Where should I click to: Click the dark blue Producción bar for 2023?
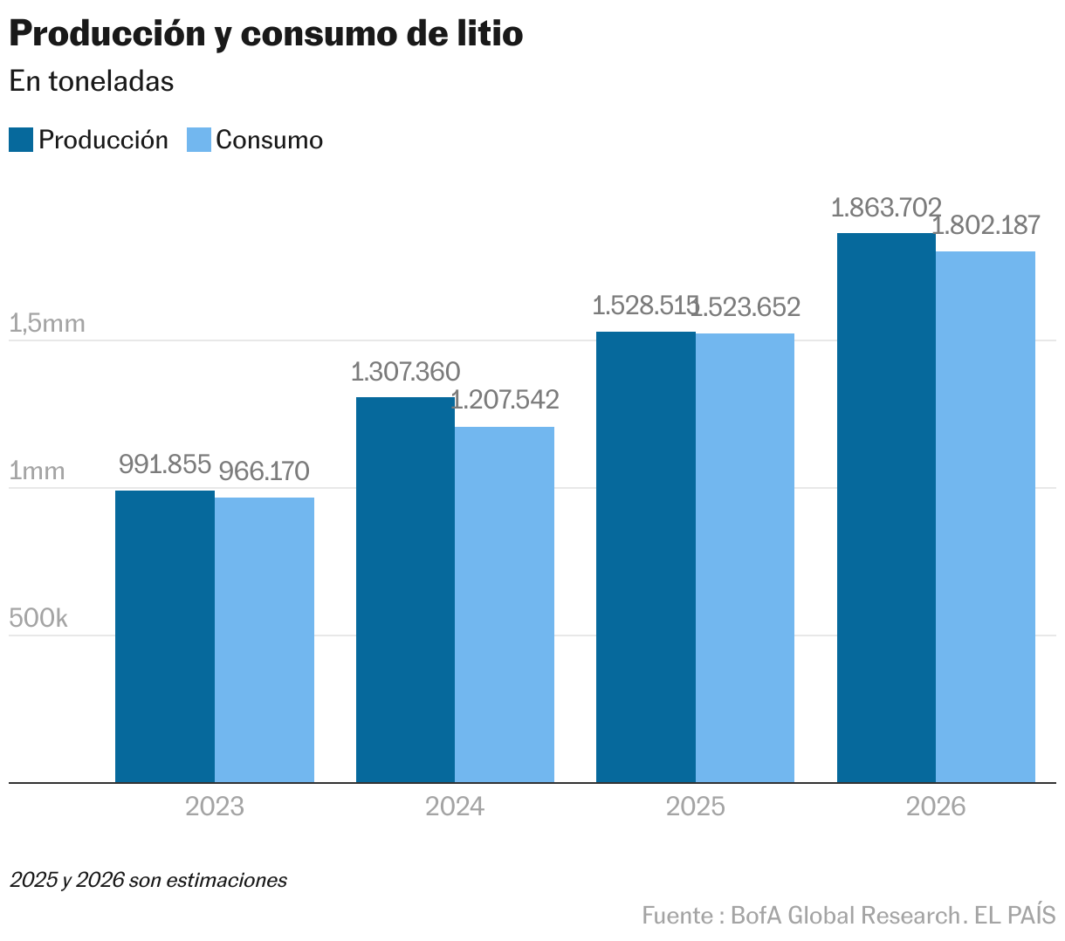(x=165, y=636)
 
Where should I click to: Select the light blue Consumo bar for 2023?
(x=265, y=640)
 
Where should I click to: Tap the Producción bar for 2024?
(x=405, y=590)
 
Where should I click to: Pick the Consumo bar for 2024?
(x=505, y=605)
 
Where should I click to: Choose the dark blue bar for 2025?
(x=646, y=557)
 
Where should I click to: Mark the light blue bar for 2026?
(x=986, y=517)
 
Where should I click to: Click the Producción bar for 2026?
(x=886, y=507)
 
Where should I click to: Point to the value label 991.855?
(x=165, y=464)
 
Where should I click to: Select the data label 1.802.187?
(x=986, y=225)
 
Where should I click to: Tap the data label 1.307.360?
(x=405, y=372)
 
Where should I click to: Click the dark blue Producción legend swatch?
(x=21, y=140)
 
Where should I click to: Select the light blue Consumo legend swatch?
(x=199, y=140)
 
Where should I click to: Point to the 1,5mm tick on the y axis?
(x=47, y=324)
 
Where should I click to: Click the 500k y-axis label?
(x=38, y=618)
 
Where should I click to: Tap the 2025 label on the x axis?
(x=695, y=806)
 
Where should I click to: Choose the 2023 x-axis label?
(x=215, y=806)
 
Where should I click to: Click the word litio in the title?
(x=490, y=35)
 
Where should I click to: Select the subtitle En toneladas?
(x=92, y=81)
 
